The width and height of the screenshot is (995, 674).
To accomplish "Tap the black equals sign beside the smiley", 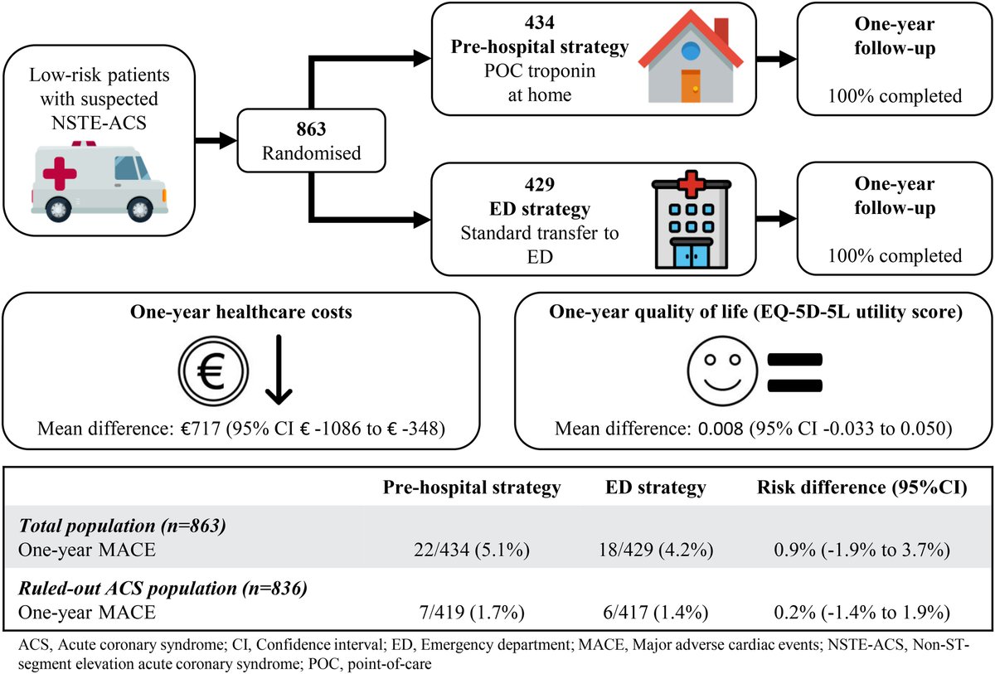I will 794,373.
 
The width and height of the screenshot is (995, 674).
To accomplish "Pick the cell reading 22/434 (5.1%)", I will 472,551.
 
